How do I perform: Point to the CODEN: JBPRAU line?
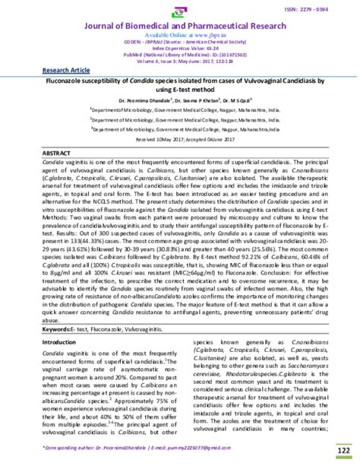click(x=180, y=43)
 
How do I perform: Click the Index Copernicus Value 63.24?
click(x=180, y=49)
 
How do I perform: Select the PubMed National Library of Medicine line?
click(x=180, y=56)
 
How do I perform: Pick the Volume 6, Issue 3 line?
click(x=180, y=63)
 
